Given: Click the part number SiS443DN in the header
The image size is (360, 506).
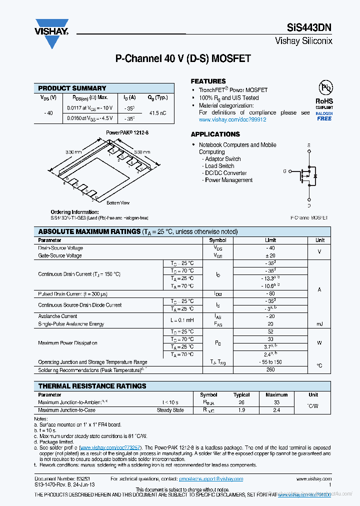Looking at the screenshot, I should (x=309, y=28).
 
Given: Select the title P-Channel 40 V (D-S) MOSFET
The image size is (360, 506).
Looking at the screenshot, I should (x=183, y=59).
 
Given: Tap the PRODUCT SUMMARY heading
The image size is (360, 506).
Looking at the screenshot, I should (x=72, y=88).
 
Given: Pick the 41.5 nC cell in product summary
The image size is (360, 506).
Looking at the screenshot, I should (x=157, y=113).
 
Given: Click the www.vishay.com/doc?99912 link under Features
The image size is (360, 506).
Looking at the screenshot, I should (x=232, y=120).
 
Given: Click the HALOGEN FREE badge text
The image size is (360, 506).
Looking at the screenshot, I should (x=324, y=116).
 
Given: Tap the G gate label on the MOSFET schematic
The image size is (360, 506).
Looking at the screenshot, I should (x=284, y=171).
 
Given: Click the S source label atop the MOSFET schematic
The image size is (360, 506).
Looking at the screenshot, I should (x=308, y=145).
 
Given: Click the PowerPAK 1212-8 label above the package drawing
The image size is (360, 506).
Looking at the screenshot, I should (x=127, y=132).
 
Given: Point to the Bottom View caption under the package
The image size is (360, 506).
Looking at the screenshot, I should (x=118, y=203).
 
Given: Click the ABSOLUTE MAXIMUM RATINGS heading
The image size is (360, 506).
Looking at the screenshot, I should (x=89, y=231).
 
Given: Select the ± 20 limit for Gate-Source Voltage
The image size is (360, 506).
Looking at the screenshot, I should (x=270, y=255).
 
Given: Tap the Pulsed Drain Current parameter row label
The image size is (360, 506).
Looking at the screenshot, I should (x=73, y=293).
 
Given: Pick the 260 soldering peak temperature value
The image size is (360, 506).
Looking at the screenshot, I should (x=270, y=370).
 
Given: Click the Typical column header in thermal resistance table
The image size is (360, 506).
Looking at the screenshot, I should (x=241, y=394).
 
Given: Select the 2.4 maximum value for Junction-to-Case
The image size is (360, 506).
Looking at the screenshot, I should (x=276, y=410).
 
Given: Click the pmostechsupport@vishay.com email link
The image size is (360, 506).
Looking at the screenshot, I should (x=211, y=478).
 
